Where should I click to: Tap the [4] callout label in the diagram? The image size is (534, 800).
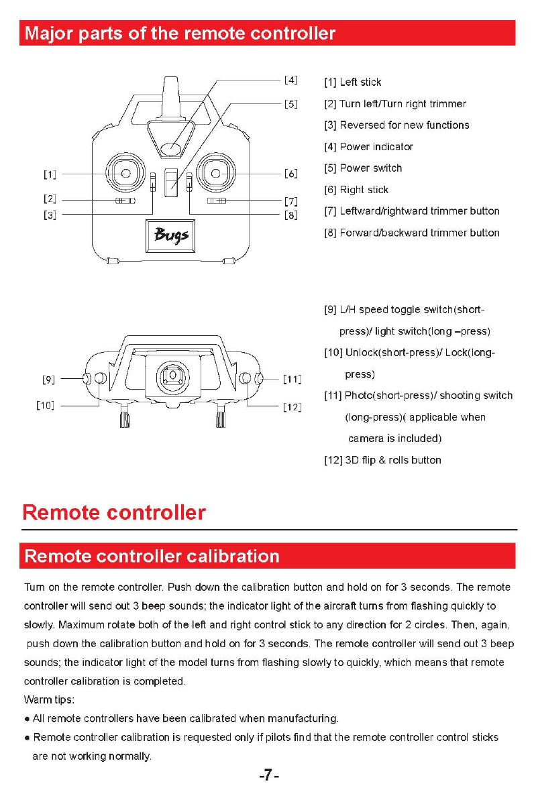[290, 80]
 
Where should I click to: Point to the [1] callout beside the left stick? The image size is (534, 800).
[49, 175]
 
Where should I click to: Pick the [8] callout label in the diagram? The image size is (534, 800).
[290, 215]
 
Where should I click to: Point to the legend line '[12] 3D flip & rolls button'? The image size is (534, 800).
[382, 460]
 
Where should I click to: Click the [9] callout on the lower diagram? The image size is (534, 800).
[49, 380]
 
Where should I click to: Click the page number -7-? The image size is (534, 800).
[268, 776]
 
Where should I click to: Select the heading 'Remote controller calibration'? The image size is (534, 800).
[152, 557]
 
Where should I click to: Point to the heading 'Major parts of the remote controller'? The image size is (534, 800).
[179, 34]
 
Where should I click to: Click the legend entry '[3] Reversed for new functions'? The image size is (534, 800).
[396, 125]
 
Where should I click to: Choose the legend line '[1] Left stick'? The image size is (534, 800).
[353, 82]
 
